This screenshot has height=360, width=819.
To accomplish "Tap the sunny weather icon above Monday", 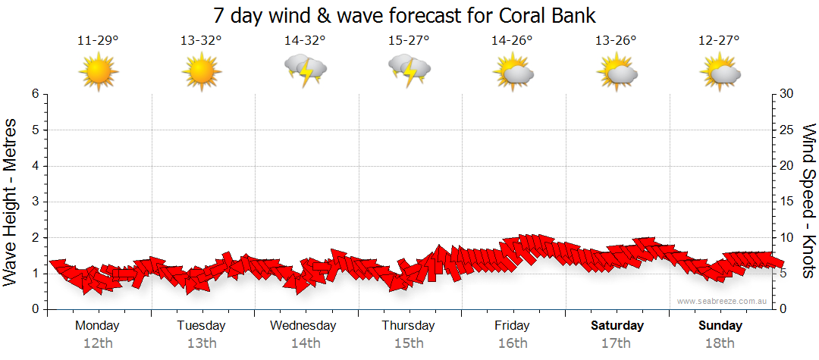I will click(99, 72).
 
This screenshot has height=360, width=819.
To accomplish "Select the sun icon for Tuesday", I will click(202, 72).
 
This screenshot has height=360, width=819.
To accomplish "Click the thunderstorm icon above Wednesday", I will click(306, 72).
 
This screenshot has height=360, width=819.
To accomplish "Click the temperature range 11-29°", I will click(98, 40).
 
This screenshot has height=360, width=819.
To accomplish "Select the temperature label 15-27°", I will click(409, 40).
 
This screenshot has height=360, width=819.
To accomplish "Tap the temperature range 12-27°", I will click(719, 40).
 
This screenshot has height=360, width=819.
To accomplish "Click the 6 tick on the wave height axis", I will click(34, 94).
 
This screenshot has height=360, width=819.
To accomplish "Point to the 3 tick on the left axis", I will click(34, 202).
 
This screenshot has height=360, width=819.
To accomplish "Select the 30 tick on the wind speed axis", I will click(786, 94).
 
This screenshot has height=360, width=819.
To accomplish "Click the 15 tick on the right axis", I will click(786, 202).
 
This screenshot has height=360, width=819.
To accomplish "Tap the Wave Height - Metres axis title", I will click(12, 202).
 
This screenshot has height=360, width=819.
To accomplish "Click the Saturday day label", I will click(617, 326).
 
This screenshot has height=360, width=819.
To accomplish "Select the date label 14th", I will click(306, 343).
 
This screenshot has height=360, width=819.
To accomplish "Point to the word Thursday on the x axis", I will click(409, 326).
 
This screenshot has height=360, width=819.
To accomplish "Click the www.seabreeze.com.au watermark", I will click(723, 302).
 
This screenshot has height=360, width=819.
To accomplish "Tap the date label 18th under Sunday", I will click(720, 343).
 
